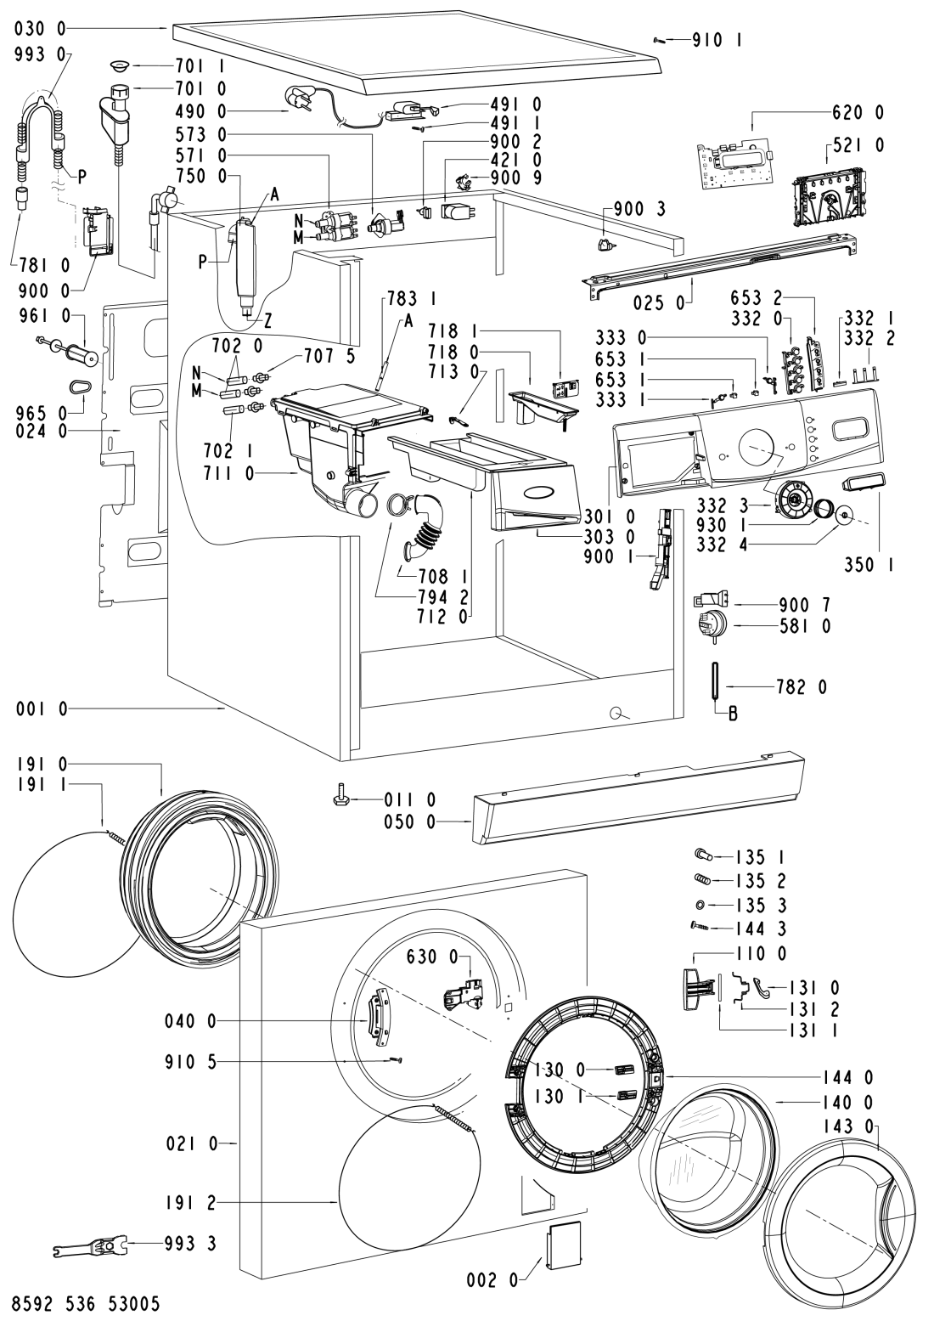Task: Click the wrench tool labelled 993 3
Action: coord(93,1246)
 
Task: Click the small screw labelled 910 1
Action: coord(659,38)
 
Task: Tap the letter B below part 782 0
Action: coord(732,714)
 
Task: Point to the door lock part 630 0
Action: coord(461,992)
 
